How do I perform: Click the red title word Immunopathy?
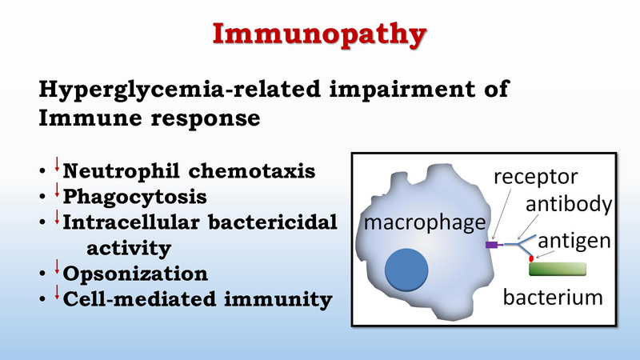click(x=319, y=35)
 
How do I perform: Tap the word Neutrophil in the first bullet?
click(x=122, y=171)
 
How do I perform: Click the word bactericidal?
click(x=273, y=222)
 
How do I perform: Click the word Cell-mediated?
click(x=139, y=299)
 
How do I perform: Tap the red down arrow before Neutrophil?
click(x=57, y=164)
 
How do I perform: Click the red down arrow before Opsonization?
click(x=57, y=266)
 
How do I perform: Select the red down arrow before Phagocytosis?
click(x=57, y=190)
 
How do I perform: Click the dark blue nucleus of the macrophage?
click(x=406, y=270)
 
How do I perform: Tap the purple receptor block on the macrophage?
click(x=492, y=245)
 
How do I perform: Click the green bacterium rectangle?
click(x=558, y=270)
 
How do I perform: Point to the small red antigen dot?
click(x=531, y=258)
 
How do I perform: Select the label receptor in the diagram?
click(x=535, y=177)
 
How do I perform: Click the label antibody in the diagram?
click(x=569, y=203)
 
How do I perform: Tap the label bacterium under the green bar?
click(x=553, y=297)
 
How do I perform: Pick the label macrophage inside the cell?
click(x=425, y=223)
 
